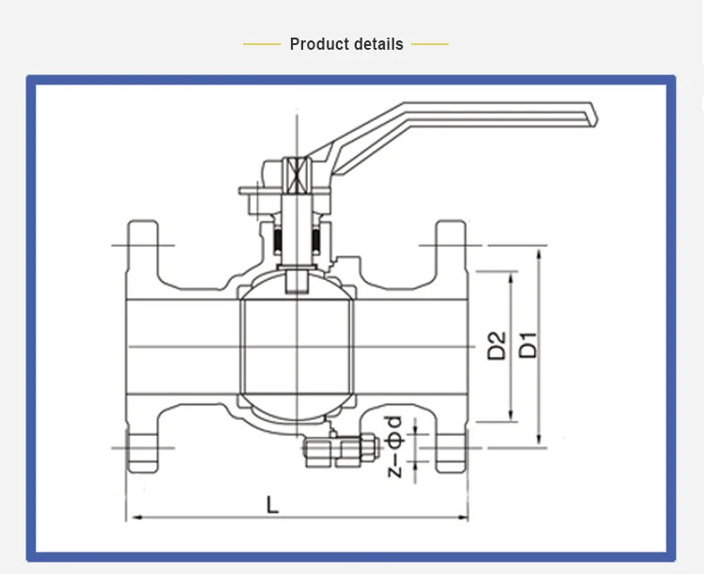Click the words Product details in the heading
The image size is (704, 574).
pyautogui.click(x=346, y=44)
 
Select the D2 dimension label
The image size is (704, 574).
pyautogui.click(x=497, y=346)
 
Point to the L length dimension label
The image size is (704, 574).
pyautogui.click(x=272, y=504)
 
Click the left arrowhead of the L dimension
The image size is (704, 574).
pyautogui.click(x=132, y=517)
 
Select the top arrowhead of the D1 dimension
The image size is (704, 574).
pyautogui.click(x=539, y=250)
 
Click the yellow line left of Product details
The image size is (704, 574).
pyautogui.click(x=262, y=44)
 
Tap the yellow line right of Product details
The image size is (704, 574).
pyautogui.click(x=430, y=44)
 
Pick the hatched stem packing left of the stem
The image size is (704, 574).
pyautogui.click(x=280, y=242)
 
